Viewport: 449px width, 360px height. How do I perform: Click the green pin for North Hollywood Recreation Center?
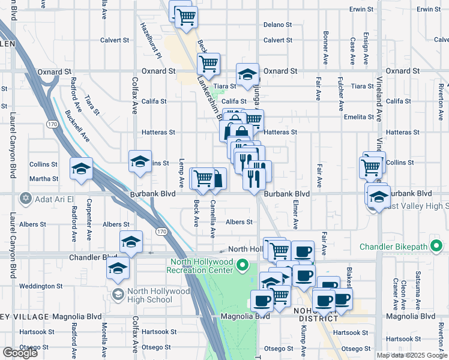243,265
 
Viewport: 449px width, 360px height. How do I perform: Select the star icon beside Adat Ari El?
25,197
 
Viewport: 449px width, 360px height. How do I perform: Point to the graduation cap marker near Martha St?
81,168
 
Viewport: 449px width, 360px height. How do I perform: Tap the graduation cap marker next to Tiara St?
247,75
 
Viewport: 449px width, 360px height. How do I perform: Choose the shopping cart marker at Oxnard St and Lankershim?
208,64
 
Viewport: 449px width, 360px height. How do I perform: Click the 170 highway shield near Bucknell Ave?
52,123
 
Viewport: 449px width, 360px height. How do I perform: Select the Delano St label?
277,25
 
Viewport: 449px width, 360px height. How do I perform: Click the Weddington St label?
41,286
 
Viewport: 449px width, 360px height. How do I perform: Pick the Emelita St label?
360,117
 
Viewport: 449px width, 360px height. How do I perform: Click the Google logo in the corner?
20,353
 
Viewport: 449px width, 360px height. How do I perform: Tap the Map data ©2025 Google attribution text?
412,355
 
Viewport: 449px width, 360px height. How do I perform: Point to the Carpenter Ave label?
89,212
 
